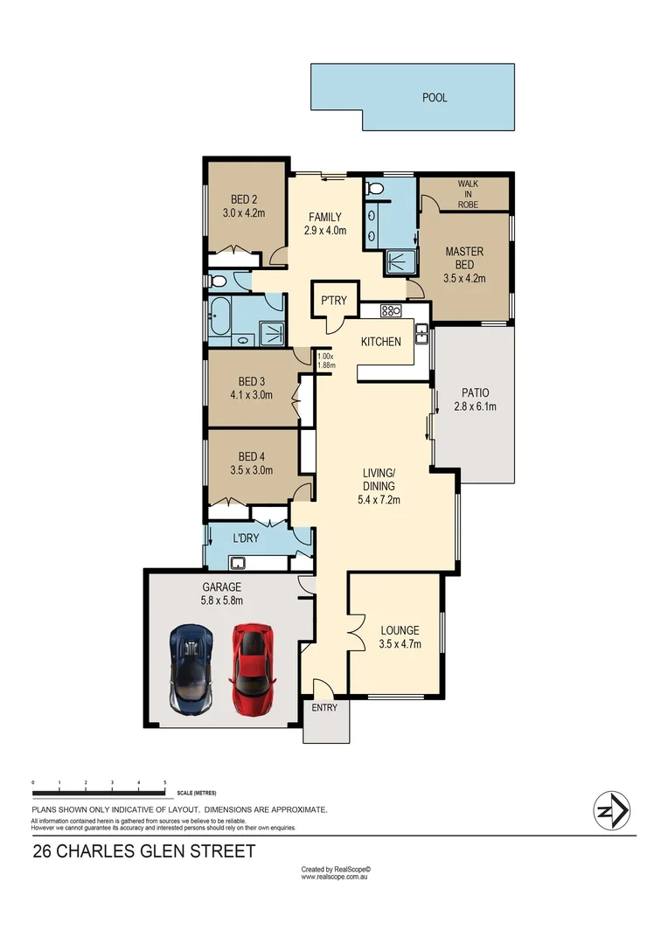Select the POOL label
[435, 98]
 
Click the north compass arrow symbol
[613, 810]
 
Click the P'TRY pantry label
[334, 301]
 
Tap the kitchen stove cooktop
[390, 309]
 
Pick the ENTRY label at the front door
[324, 708]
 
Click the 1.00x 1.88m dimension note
[326, 361]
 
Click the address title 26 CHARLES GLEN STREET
[144, 850]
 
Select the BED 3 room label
[251, 381]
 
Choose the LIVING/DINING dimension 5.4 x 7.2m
[379, 500]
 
